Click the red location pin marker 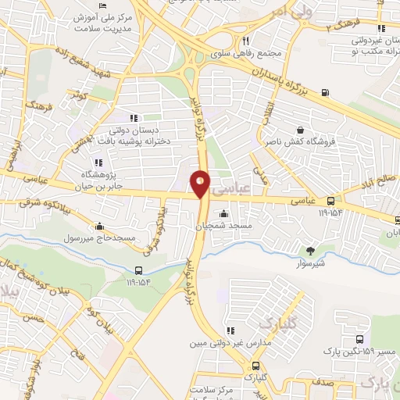click(201, 182)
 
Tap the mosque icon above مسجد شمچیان click(224, 213)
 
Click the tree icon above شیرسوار click(310, 251)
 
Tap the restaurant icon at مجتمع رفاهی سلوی click(245, 41)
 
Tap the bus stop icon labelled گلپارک click(255, 366)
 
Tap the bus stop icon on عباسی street click(331, 200)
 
